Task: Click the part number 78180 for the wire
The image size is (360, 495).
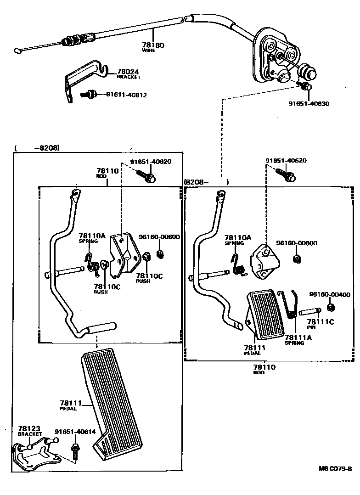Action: pos(153,45)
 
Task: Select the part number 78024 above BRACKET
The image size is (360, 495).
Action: pos(128,72)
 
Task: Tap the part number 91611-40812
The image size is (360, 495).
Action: pos(126,95)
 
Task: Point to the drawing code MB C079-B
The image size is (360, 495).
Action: pos(335,469)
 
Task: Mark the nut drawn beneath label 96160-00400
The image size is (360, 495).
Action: pos(330,307)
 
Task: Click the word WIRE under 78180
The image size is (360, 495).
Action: pos(148,50)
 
